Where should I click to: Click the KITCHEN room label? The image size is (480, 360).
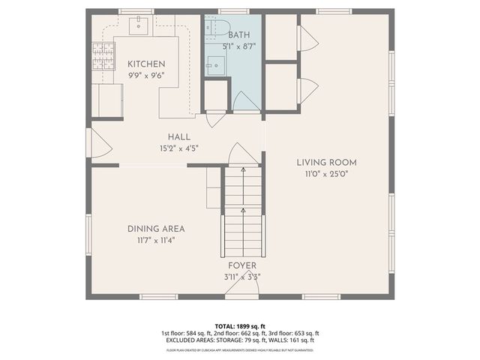[x=145, y=64]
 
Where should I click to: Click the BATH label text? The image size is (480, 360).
[x=240, y=34]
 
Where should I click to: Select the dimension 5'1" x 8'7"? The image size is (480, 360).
[x=240, y=46]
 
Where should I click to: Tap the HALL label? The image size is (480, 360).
[x=178, y=137]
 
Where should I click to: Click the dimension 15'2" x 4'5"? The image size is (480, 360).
[x=178, y=148]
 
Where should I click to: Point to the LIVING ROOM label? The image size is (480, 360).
[x=325, y=162]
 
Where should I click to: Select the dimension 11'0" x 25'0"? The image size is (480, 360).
[x=325, y=173]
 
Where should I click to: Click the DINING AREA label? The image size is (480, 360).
[x=156, y=229]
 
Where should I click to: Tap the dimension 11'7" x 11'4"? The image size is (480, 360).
[x=156, y=241]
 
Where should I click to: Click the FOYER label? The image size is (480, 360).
[x=242, y=265]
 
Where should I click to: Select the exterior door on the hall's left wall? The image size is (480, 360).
[x=90, y=142]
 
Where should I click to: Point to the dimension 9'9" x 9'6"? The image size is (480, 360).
[x=145, y=75]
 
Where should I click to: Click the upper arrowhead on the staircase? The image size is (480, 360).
[x=242, y=170]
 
